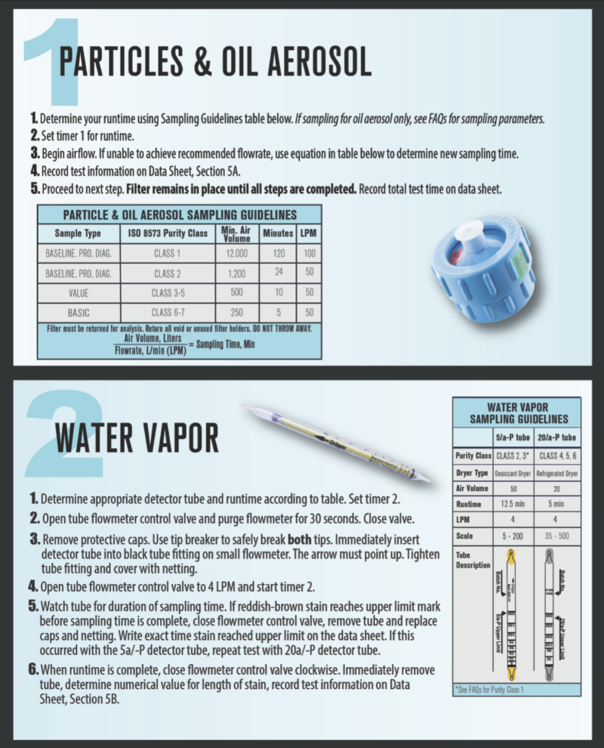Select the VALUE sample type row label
pos(78,292)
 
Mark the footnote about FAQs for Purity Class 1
pos(491,690)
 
